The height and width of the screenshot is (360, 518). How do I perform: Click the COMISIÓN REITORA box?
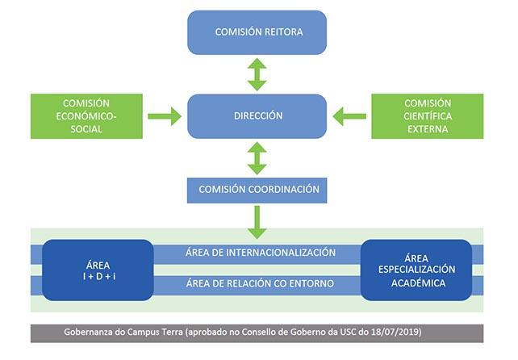(257, 32)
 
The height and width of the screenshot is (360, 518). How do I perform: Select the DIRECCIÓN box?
(257, 116)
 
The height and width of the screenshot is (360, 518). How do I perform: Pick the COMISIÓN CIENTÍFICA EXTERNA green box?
(427, 116)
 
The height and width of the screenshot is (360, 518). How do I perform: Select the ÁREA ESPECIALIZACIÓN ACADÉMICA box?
(416, 270)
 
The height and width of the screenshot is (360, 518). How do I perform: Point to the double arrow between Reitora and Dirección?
(257, 74)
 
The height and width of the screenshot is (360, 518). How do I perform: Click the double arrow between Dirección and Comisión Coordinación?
(257, 158)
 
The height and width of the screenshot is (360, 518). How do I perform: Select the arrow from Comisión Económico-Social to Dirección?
(165, 116)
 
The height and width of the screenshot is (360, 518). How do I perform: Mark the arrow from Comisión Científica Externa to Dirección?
(349, 116)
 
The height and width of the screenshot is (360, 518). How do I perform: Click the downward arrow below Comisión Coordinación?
(257, 221)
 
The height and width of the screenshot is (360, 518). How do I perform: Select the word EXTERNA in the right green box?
(427, 129)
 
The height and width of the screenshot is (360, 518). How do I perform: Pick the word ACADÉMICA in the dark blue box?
(416, 283)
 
